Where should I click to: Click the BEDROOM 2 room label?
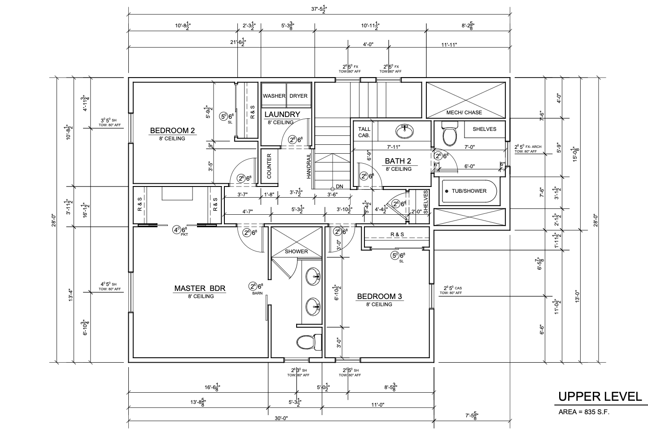[172, 130]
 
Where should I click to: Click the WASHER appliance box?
[274, 95]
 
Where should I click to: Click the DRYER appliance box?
[298, 95]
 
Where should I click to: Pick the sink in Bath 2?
[405, 131]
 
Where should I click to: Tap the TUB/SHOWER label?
[469, 191]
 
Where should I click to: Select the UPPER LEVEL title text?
[600, 396]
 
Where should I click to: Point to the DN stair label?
[339, 186]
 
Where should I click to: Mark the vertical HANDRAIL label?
[309, 167]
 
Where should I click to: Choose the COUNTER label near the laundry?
[269, 167]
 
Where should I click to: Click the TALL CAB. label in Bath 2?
[364, 132]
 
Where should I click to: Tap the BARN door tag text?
[257, 294]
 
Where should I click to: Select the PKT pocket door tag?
[184, 234]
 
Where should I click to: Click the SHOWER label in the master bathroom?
[297, 251]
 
